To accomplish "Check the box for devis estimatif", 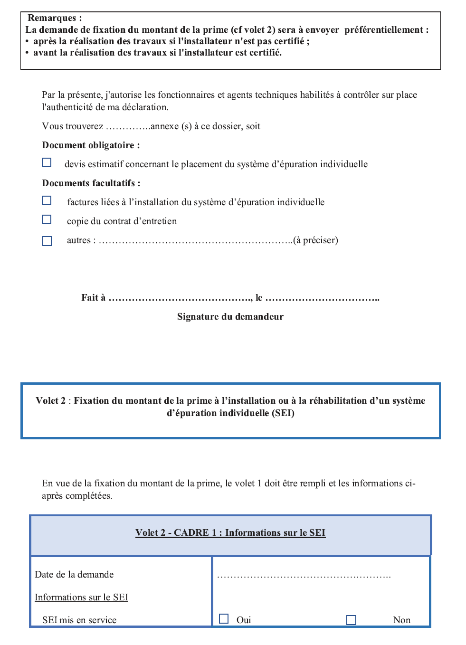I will point(47,162).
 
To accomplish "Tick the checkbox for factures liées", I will point(47,200).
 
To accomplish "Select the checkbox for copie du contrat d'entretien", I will point(47,219).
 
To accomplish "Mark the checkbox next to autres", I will point(47,241).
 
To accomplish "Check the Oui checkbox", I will point(224,618).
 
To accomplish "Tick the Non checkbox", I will point(351,620).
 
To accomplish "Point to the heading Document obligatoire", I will point(91,145).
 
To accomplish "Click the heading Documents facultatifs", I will point(91,183).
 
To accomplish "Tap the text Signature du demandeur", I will point(230,317).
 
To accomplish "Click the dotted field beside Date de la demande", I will point(304,576).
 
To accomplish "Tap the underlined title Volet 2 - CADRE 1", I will point(230,533).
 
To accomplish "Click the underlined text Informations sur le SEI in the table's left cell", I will point(81,598).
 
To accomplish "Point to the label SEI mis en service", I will point(79,620).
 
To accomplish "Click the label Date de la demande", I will point(74,575).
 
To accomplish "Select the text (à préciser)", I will point(316,240).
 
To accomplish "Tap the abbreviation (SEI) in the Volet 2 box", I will point(283,413).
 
